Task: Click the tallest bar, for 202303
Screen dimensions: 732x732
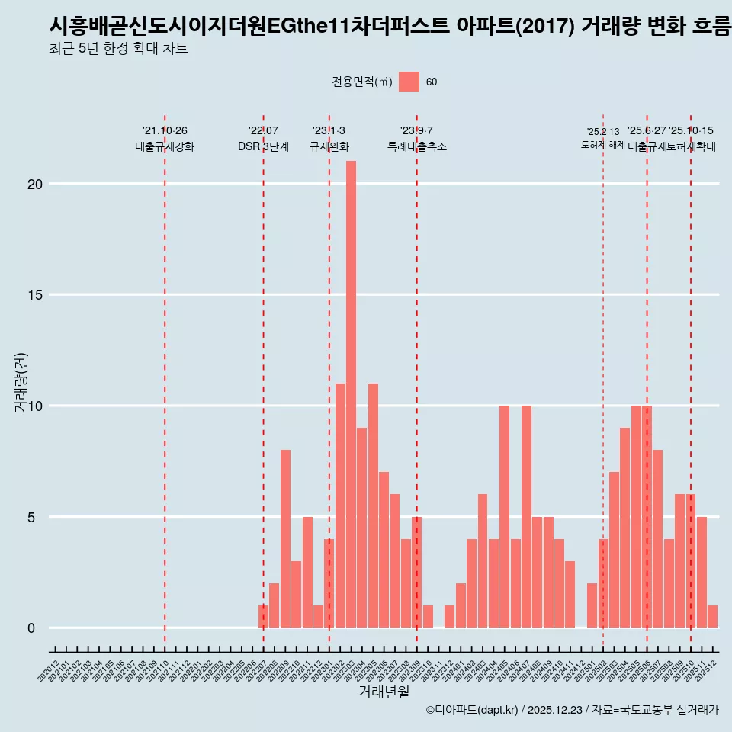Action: pos(351,394)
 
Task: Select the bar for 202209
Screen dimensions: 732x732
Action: pos(285,538)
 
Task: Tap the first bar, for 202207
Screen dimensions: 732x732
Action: pos(263,617)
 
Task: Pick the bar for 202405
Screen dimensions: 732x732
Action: pos(504,516)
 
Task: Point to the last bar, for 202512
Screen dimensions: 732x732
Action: pos(712,617)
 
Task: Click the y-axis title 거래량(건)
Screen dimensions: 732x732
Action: pos(21,383)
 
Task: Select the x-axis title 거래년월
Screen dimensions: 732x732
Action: pos(384,692)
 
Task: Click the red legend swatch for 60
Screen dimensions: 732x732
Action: pos(409,82)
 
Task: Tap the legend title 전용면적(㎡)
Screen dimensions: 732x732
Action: pos(362,82)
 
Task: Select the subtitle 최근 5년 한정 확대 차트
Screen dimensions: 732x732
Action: pos(117,49)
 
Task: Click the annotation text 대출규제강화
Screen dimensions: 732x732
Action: pos(165,146)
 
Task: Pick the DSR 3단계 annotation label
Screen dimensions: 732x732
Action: pos(263,146)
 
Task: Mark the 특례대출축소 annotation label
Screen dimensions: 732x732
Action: pos(416,146)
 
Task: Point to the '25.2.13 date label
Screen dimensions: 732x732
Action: pos(603,132)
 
